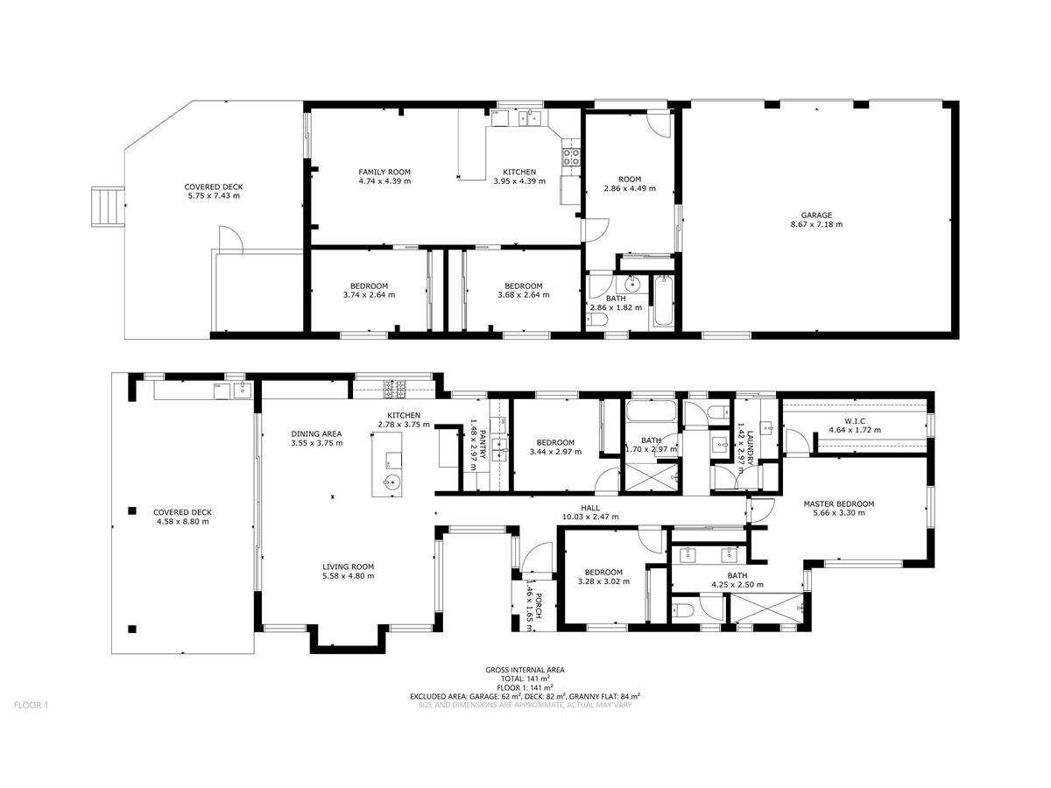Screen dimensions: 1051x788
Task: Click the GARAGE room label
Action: tap(816, 215)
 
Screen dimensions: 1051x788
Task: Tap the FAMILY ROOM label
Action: tap(384, 172)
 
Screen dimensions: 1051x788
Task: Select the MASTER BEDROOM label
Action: tap(838, 503)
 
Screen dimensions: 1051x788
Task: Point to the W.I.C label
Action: tap(854, 421)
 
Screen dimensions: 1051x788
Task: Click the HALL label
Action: tap(590, 508)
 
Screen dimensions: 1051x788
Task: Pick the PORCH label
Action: tap(538, 607)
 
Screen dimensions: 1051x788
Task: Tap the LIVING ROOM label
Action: tap(348, 567)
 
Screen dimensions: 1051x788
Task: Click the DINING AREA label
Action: tap(316, 434)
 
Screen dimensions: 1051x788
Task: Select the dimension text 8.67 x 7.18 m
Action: tap(816, 224)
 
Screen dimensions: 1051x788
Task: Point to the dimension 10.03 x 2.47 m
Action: tap(590, 517)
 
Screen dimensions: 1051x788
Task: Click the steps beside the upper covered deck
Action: tap(109, 207)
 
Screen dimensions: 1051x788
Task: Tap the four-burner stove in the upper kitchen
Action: tap(571, 157)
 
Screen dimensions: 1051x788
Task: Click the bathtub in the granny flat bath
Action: tap(663, 301)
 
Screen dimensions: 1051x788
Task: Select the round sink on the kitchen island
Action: tap(391, 482)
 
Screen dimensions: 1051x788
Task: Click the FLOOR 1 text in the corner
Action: tap(32, 705)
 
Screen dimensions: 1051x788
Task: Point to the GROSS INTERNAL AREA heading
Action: tap(525, 670)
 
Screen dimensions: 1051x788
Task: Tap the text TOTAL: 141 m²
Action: tap(525, 679)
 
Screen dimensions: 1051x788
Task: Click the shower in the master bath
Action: tap(767, 609)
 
